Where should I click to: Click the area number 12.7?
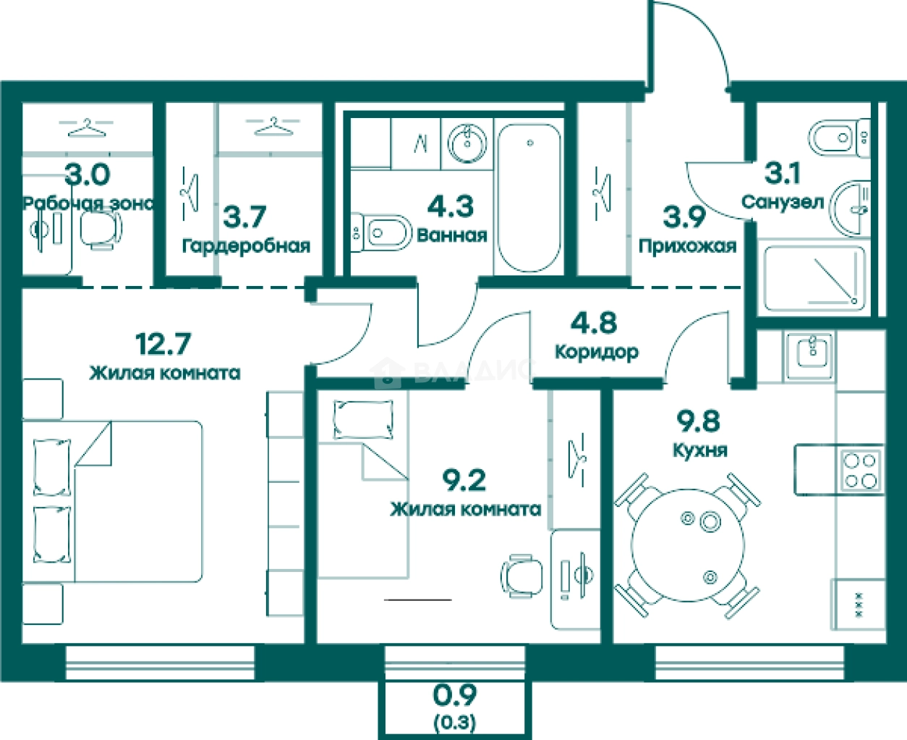click(x=163, y=343)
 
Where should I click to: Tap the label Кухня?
click(x=700, y=450)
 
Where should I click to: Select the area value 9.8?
click(x=699, y=421)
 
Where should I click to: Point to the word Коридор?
click(x=597, y=353)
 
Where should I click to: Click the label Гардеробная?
click(x=246, y=247)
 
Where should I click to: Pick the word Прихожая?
click(x=687, y=246)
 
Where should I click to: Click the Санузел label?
click(x=783, y=202)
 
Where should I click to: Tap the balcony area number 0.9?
click(x=454, y=695)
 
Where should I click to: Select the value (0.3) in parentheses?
click(x=454, y=722)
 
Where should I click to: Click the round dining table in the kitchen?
click(x=688, y=546)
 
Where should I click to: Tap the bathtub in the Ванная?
click(x=529, y=198)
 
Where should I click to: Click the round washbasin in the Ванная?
click(x=467, y=143)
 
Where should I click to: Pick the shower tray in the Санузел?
click(x=814, y=279)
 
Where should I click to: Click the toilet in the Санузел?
click(x=839, y=138)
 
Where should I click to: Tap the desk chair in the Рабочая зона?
click(x=101, y=230)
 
